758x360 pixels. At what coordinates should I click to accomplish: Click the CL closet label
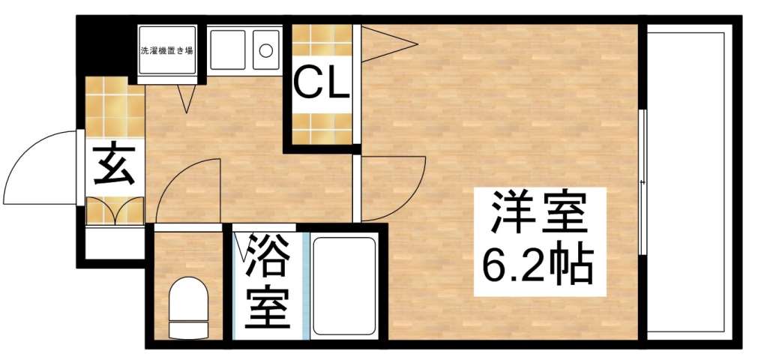(321, 84)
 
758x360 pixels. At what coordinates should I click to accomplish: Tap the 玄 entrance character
(115, 166)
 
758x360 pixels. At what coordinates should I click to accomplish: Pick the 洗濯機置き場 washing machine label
(167, 52)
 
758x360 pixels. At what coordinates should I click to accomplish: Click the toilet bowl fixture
(187, 304)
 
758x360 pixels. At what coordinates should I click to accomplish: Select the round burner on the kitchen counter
(265, 51)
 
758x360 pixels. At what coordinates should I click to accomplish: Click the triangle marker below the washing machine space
(187, 97)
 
